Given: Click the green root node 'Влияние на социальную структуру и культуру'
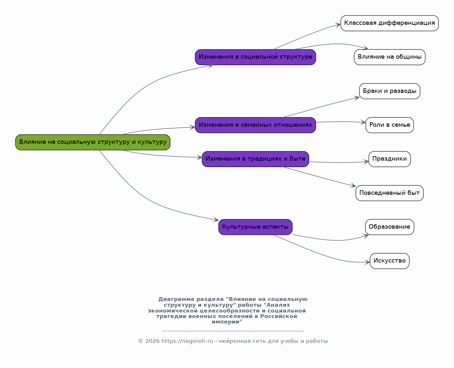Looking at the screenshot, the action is tap(93, 142).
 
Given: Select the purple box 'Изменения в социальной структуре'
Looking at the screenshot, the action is tap(255, 57).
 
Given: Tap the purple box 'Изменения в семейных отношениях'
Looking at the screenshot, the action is tap(255, 125).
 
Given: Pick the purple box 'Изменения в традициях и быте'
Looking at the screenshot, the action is tap(255, 159).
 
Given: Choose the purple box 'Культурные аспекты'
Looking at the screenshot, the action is tap(255, 227).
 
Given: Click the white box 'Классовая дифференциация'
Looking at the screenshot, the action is tap(389, 23).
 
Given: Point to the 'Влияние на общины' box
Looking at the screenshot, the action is tap(389, 57).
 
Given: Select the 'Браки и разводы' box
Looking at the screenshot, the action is tap(389, 91).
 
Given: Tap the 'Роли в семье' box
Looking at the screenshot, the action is tap(389, 125).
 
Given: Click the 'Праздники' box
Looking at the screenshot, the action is tap(389, 159).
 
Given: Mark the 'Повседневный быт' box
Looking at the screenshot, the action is tap(389, 193).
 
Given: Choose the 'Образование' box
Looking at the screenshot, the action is tap(389, 227).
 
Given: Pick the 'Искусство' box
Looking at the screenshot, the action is tap(389, 261).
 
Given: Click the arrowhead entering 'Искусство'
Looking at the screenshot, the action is tap(367, 262).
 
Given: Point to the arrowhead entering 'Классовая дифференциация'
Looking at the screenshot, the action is tap(338, 25).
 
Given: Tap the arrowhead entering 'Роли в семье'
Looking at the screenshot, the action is tap(363, 122).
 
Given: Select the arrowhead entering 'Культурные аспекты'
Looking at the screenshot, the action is tap(216, 220).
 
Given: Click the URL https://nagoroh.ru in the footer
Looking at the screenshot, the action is tap(187, 341).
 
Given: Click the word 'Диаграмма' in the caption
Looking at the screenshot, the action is tap(176, 299).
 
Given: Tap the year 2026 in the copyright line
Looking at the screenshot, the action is tap(152, 341).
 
